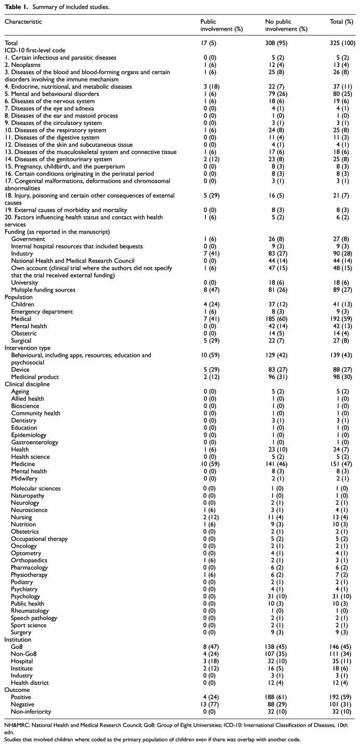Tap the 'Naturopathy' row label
26,510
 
